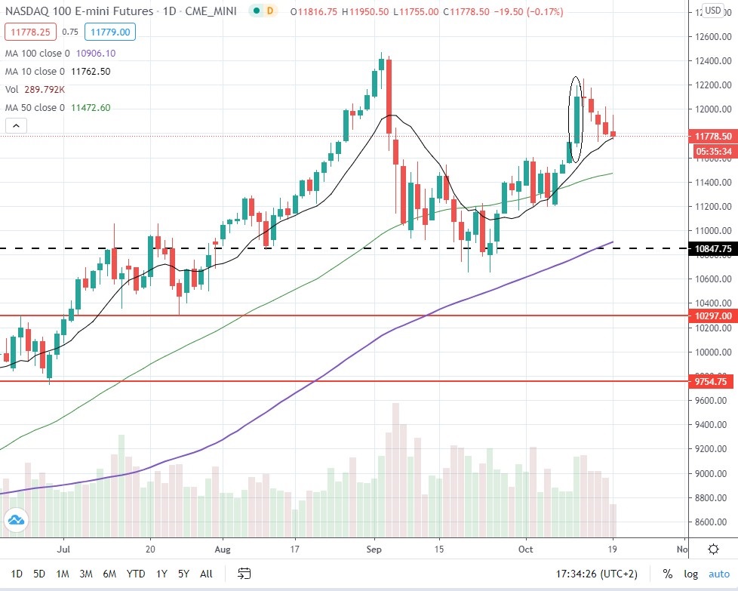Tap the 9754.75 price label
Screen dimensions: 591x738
point(712,382)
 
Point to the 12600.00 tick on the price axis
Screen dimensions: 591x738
point(712,36)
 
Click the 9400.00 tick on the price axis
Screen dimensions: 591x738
point(712,425)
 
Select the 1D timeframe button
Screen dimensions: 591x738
point(17,573)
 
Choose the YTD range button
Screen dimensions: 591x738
point(136,573)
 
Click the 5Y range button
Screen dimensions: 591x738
point(184,573)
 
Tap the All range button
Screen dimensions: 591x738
point(206,573)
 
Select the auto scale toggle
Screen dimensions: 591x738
point(719,573)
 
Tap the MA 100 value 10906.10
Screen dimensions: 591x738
point(90,54)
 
